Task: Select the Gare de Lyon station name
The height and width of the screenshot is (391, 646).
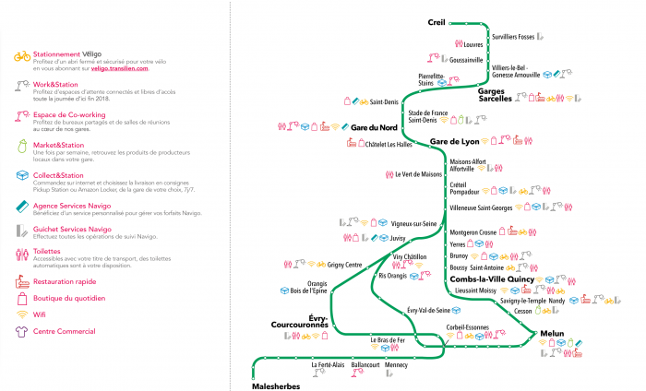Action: [x=455, y=141]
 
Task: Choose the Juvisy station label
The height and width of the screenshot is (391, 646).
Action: [x=399, y=237]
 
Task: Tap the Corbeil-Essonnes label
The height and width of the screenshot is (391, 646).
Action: [x=466, y=326]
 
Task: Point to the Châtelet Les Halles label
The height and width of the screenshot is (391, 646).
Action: [x=388, y=144]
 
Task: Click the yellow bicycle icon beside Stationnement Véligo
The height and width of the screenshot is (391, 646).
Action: [x=22, y=56]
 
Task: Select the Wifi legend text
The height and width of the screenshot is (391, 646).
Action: [x=42, y=314]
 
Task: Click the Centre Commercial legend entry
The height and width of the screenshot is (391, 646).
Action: [x=64, y=331]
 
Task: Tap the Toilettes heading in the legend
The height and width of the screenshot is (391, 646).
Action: [x=51, y=250]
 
